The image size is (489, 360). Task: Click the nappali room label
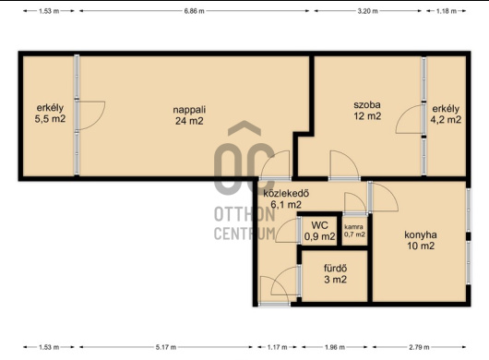189,110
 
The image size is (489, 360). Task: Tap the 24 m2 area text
189,121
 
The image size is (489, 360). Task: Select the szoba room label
367,105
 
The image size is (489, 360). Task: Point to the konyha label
421,234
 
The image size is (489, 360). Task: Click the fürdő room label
336,268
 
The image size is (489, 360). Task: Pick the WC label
319,225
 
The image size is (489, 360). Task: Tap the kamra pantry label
353,227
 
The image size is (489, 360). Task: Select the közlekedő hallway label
286,193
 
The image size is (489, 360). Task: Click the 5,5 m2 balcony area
50,119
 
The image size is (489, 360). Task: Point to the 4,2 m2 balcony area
446,120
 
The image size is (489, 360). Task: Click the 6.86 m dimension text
194,11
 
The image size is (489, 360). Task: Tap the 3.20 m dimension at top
368,11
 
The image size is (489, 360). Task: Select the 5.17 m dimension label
166,347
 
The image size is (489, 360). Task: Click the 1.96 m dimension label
335,347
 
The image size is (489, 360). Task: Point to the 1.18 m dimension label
447,11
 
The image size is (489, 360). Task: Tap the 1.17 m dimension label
277,347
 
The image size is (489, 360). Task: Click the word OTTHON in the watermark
244,214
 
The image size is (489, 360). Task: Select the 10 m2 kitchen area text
421,246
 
